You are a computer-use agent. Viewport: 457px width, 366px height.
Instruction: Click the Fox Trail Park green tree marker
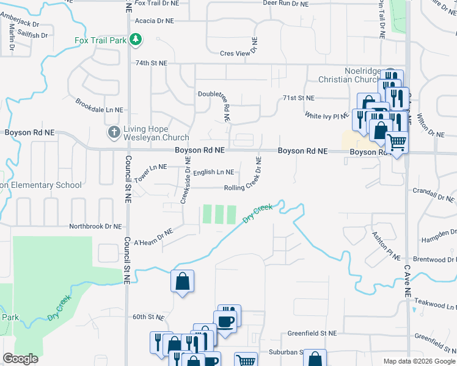136,41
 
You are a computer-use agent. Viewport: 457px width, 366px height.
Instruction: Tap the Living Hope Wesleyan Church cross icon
114,132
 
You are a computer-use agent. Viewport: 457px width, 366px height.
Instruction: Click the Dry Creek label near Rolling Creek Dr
257,213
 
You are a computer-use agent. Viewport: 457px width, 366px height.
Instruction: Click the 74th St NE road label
151,63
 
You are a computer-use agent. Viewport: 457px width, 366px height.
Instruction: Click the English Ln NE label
213,173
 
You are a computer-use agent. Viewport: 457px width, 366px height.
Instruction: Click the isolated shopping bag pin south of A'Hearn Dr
183,282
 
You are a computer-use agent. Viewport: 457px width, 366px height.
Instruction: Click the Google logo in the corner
21,359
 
